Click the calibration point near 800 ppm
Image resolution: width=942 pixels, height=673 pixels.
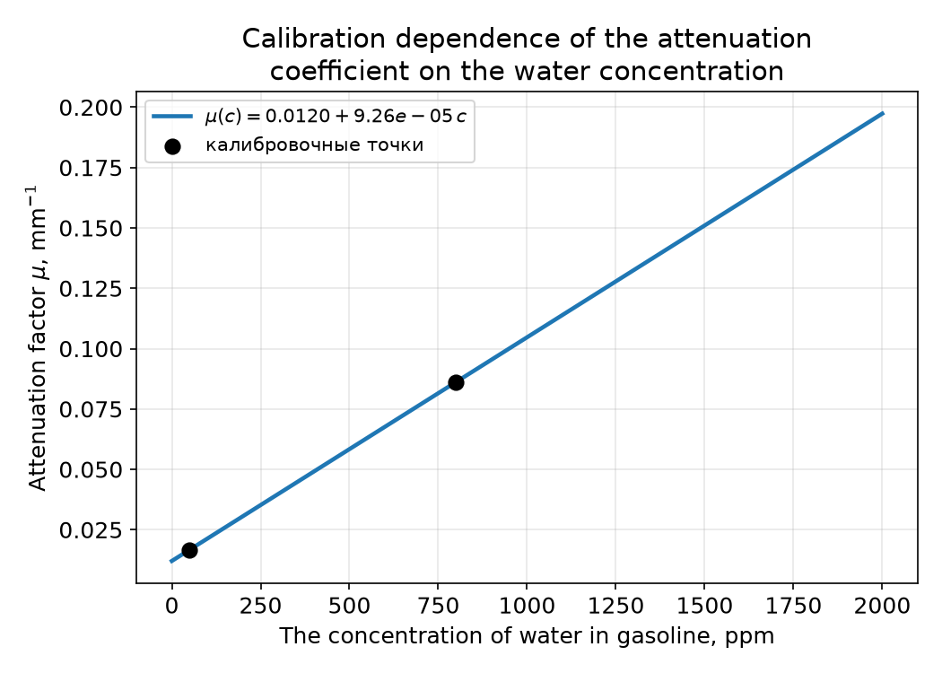[456, 383]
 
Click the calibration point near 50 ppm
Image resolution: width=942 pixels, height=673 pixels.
[190, 550]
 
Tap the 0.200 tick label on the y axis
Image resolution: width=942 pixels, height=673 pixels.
[90, 109]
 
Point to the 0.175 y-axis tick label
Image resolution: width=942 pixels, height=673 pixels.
[90, 169]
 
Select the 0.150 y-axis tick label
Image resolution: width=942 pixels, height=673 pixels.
[90, 229]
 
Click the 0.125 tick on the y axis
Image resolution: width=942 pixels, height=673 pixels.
[90, 289]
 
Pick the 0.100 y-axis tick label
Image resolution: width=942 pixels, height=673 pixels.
[90, 349]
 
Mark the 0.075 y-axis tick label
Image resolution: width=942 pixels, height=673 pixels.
[90, 410]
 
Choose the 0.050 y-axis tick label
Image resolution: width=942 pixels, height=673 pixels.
[90, 470]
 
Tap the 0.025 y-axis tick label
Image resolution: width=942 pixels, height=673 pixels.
[90, 530]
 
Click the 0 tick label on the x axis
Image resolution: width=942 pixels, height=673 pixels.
[172, 605]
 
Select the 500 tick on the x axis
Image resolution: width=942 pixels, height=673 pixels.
[349, 605]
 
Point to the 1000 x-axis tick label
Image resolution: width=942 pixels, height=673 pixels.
[527, 605]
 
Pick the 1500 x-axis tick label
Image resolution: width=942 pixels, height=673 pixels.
[704, 605]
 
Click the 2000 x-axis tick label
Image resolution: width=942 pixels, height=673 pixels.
[882, 605]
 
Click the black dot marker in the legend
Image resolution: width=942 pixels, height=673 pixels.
[172, 146]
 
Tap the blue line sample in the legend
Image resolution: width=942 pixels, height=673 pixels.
[172, 116]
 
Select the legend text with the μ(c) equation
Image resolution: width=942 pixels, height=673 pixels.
[336, 116]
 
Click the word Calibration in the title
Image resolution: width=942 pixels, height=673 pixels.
[314, 39]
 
